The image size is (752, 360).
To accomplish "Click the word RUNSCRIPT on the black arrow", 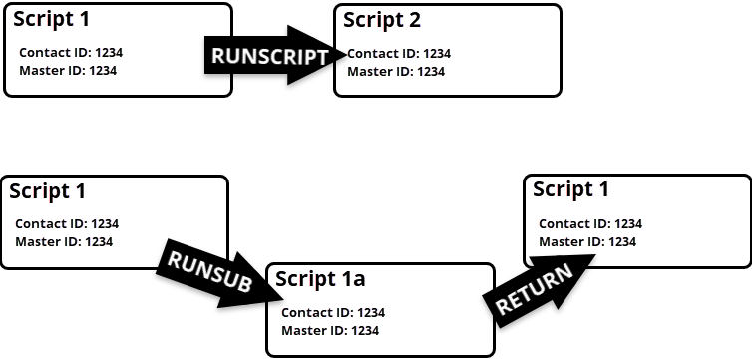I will point(269,57).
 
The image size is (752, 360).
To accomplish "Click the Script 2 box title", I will point(382,20).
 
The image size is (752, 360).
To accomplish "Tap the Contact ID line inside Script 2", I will point(399,54).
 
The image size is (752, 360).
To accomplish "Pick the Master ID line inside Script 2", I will point(396,71).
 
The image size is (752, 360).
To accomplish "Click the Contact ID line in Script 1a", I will point(333,313).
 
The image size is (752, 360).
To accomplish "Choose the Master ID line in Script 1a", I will point(330,330).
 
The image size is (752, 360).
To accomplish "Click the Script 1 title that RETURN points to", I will point(570,189).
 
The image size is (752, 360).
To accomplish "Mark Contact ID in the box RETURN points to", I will point(590,224).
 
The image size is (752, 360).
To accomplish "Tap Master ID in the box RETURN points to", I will point(587,241).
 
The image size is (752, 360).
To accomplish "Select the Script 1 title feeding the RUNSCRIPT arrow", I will point(50,19).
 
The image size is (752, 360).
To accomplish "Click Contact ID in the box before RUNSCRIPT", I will point(71,53).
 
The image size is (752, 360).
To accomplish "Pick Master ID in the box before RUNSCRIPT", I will point(68,70).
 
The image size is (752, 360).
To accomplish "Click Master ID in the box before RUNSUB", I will point(64,241).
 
